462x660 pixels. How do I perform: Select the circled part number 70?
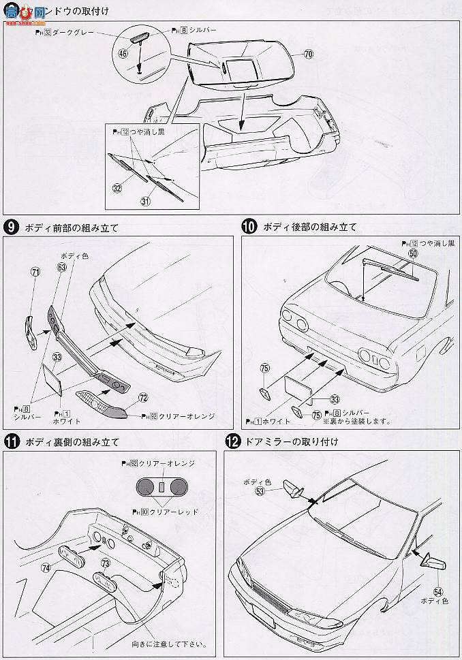click(x=308, y=54)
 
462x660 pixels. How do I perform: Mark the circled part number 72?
click(x=142, y=396)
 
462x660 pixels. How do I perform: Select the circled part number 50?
click(x=412, y=253)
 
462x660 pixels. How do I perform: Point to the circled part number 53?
click(x=260, y=490)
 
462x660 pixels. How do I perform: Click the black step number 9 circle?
click(x=11, y=227)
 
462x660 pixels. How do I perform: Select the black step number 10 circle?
click(x=249, y=227)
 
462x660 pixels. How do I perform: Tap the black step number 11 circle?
click(x=11, y=442)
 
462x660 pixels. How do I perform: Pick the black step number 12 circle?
click(x=232, y=442)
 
